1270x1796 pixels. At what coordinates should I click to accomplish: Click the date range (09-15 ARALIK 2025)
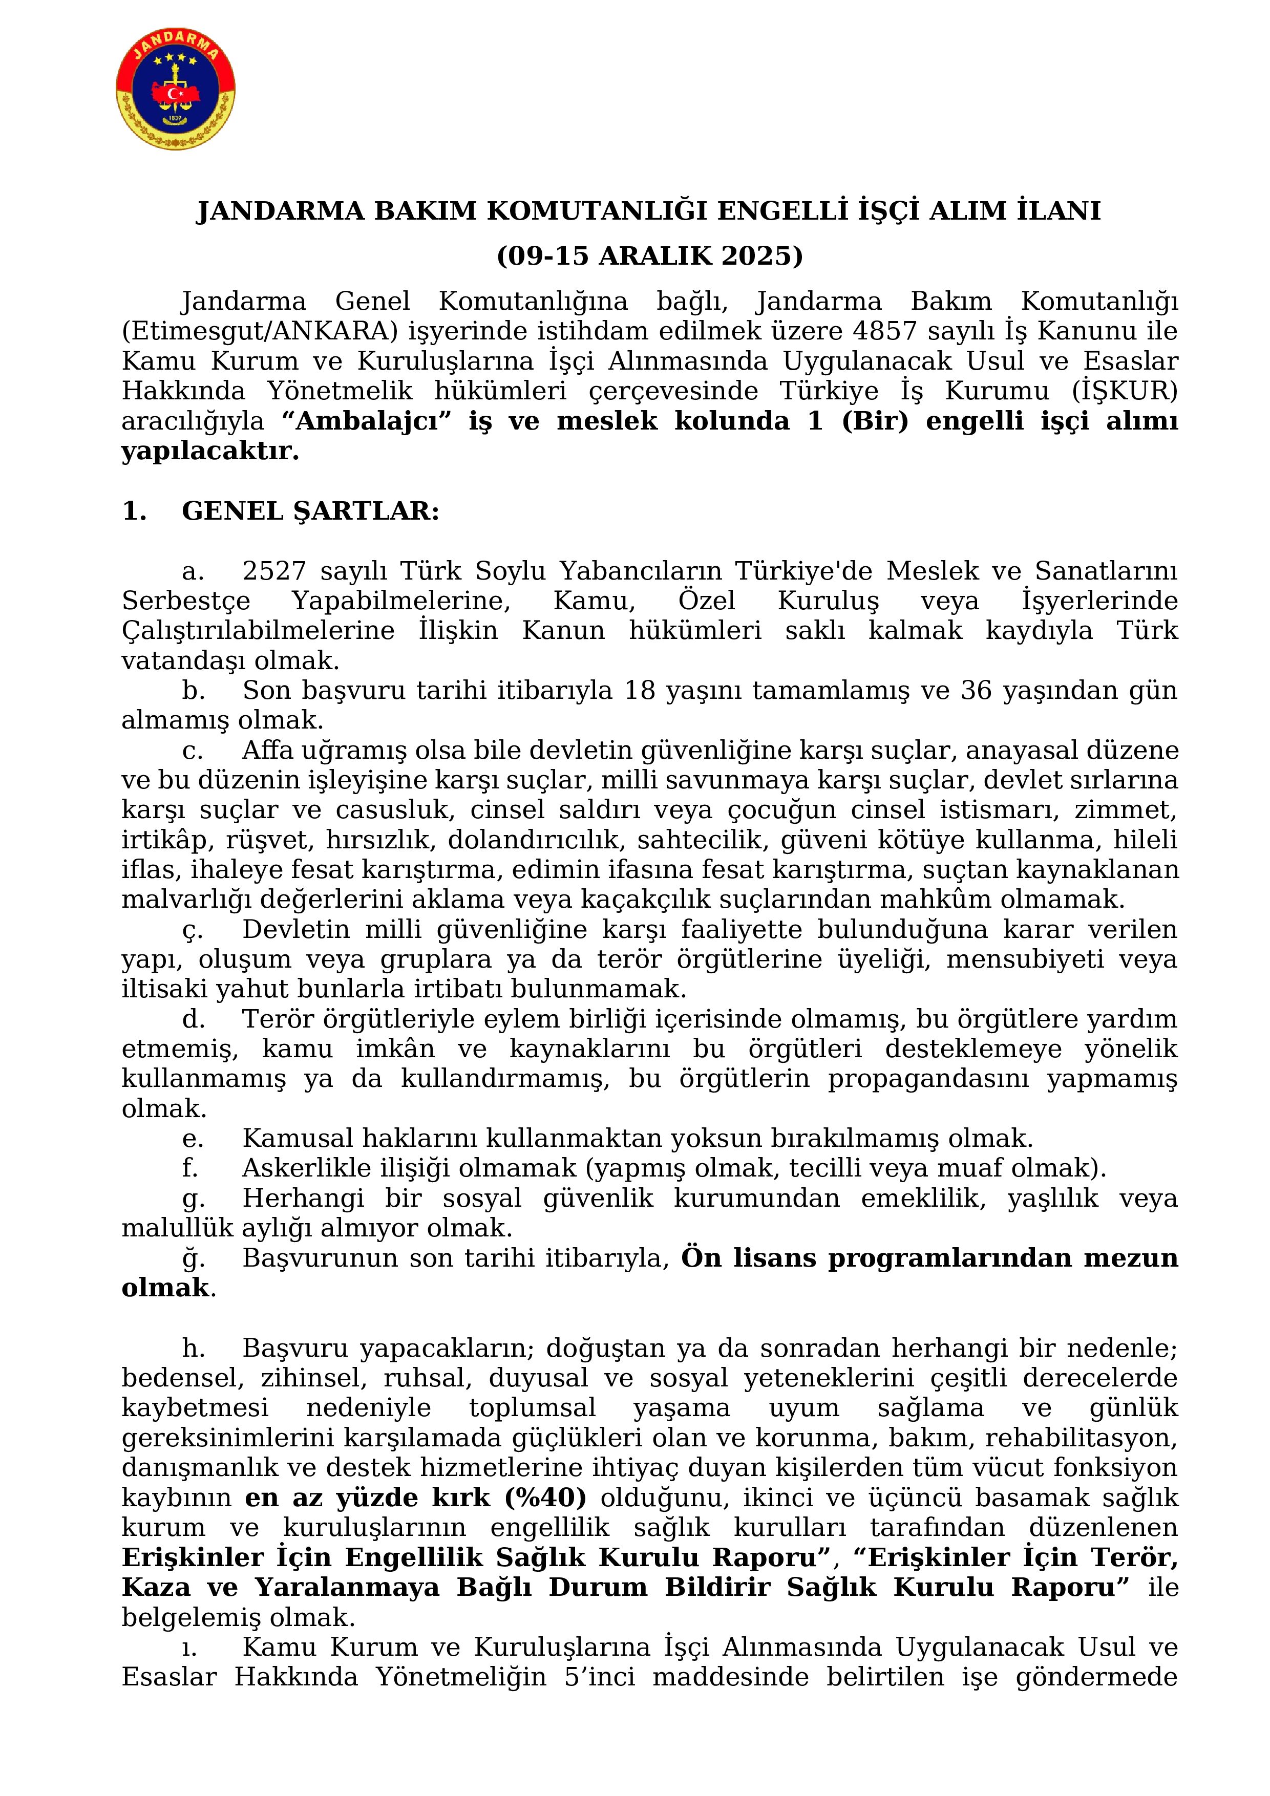click(x=649, y=256)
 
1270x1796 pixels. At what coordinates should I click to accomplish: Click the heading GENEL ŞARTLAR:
click(x=310, y=511)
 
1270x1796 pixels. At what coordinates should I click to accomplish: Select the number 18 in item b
click(x=640, y=691)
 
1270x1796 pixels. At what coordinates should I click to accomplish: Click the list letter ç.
click(x=192, y=930)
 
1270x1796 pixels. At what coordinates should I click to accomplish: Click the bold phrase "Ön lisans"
click(x=749, y=1258)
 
